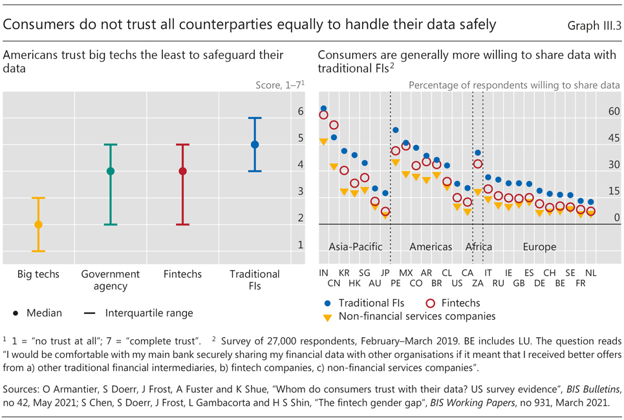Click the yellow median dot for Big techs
(x=38, y=225)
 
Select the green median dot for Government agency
(x=111, y=171)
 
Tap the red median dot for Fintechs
(x=183, y=171)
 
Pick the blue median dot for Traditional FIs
(x=255, y=145)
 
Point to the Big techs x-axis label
(x=38, y=274)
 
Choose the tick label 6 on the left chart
(x=300, y=111)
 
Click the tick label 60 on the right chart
(x=613, y=111)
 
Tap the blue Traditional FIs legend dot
(x=328, y=302)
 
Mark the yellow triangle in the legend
(x=328, y=317)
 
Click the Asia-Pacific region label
(x=356, y=247)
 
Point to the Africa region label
(x=479, y=247)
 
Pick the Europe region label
(x=539, y=247)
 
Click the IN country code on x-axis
(x=323, y=273)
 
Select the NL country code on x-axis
(x=590, y=273)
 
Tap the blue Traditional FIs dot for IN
(x=323, y=109)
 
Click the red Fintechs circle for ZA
(x=478, y=164)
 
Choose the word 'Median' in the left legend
(x=44, y=313)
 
